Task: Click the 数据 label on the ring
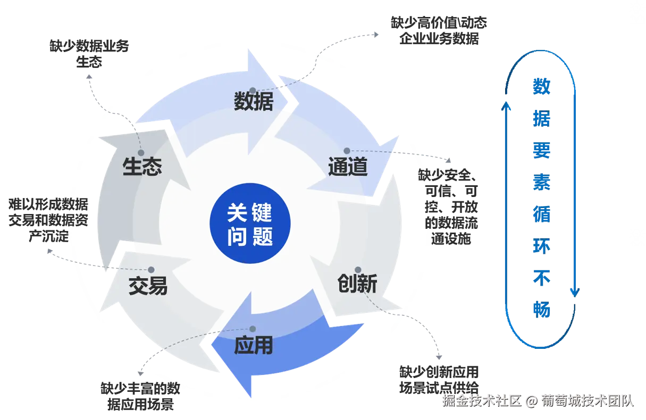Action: (254, 101)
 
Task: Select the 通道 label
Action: (348, 167)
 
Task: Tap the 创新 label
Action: (357, 284)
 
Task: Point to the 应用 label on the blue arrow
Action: (254, 346)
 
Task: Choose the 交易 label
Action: (148, 286)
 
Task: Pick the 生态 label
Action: (142, 167)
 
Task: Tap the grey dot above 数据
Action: (253, 90)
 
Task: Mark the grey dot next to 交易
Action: (152, 270)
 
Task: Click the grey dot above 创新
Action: (358, 270)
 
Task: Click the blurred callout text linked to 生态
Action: (89, 52)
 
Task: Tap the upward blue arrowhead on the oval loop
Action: (507, 109)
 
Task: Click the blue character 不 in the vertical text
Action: (542, 276)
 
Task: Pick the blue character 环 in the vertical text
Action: (542, 245)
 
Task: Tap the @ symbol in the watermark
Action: (531, 401)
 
